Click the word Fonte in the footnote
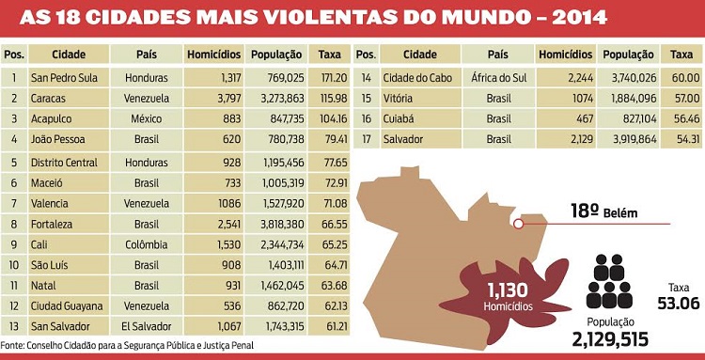13,345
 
